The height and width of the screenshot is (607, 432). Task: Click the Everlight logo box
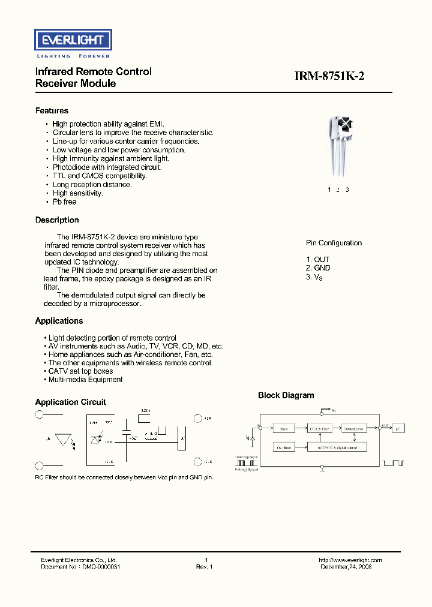72,40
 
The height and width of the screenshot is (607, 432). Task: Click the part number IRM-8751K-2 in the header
329,76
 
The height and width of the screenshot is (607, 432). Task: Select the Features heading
52,111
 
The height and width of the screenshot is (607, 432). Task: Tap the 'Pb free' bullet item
64,202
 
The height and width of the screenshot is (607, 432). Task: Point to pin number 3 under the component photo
347,190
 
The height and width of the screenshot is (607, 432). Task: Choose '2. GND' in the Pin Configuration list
318,268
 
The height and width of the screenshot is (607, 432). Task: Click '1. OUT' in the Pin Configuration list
318,260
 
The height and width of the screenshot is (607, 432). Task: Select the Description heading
57,220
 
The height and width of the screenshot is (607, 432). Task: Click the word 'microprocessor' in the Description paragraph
118,303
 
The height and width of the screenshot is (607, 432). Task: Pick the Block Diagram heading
286,395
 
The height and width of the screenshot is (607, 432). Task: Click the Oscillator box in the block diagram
284,447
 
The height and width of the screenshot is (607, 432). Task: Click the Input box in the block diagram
284,428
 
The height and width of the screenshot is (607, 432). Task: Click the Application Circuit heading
71,402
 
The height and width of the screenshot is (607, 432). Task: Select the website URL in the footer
350,560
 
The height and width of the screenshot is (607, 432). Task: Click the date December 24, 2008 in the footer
346,567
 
